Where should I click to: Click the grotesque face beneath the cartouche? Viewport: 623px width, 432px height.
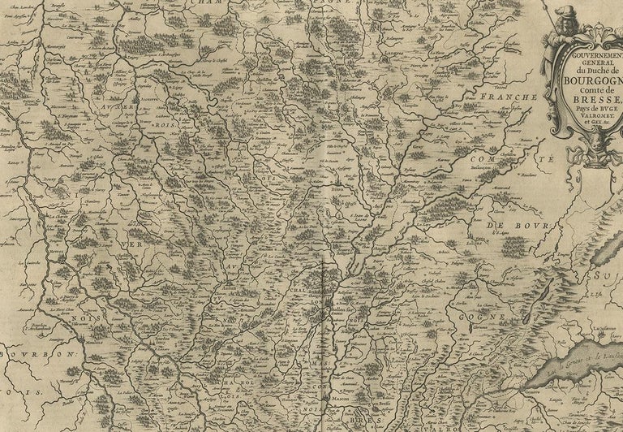(x=599, y=144)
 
